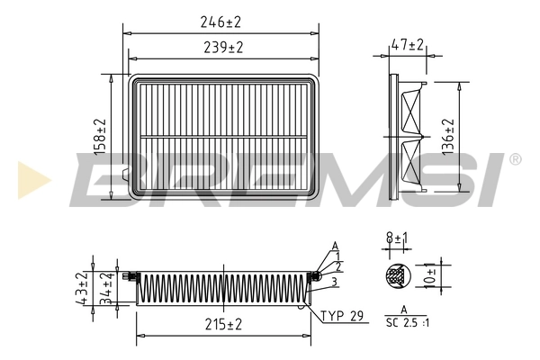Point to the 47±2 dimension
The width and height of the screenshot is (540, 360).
pyautogui.click(x=408, y=44)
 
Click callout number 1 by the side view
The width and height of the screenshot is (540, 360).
pyautogui.click(x=338, y=256)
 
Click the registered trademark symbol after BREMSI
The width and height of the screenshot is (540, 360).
pyautogui.click(x=514, y=159)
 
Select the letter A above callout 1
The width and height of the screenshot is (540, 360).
pyautogui.click(x=335, y=246)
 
